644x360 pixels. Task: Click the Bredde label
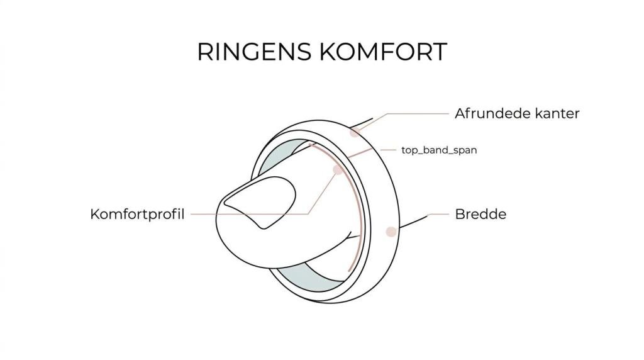(x=480, y=214)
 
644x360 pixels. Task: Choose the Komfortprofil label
(x=137, y=214)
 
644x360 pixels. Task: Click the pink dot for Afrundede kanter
(x=355, y=132)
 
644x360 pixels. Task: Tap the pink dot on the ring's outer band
(x=391, y=231)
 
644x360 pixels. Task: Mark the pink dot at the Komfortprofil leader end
(x=338, y=170)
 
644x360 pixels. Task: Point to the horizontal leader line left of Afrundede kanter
(x=418, y=114)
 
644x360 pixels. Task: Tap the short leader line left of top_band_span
(x=389, y=150)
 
